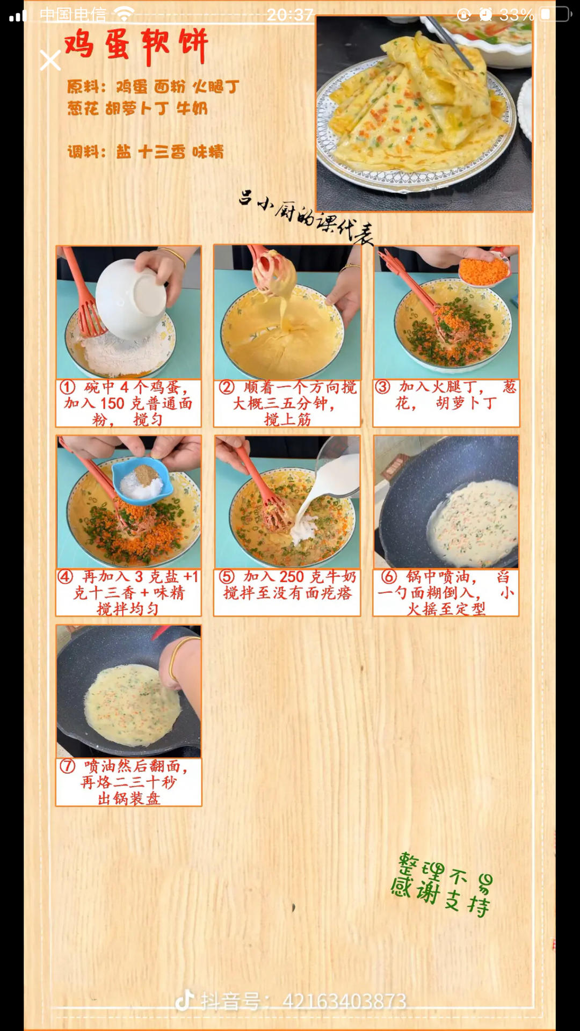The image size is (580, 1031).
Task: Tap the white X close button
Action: (50, 61)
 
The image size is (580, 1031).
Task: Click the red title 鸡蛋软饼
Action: (136, 45)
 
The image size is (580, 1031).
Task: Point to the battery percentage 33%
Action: (517, 15)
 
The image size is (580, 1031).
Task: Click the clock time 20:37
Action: (290, 14)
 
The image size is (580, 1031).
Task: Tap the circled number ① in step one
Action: (67, 387)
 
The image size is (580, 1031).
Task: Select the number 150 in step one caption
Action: (112, 403)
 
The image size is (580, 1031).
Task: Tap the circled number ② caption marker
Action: (227, 387)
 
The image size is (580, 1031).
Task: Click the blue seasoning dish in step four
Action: (142, 481)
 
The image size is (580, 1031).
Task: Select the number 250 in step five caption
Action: (292, 577)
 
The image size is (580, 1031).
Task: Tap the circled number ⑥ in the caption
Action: (389, 577)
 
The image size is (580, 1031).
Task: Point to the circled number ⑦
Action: (67, 766)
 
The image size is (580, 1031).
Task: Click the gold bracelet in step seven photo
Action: (180, 658)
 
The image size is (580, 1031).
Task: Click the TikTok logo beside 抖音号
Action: (184, 1000)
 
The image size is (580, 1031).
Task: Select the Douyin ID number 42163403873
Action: (344, 1001)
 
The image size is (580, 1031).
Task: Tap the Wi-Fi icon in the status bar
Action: (124, 14)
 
